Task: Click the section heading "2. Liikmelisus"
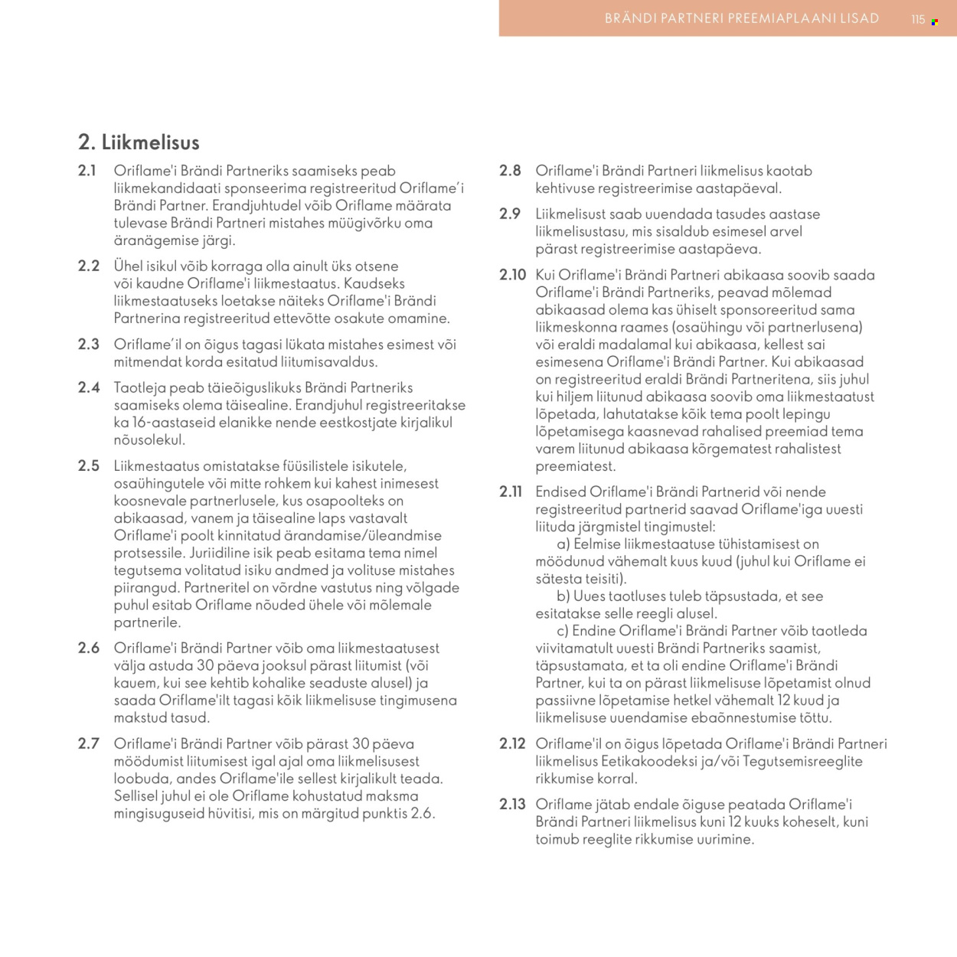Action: [x=139, y=142]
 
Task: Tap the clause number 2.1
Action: [x=87, y=171]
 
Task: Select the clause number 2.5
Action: [x=89, y=465]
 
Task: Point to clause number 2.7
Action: [x=89, y=743]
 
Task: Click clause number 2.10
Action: [x=513, y=275]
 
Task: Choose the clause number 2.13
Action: [x=512, y=804]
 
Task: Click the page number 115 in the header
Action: [x=918, y=20]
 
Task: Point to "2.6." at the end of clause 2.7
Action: [x=423, y=814]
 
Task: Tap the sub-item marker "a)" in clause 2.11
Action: [x=563, y=544]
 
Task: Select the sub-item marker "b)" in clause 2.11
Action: [x=563, y=596]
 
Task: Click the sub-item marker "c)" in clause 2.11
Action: [x=563, y=631]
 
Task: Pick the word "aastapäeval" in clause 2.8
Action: [x=738, y=188]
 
